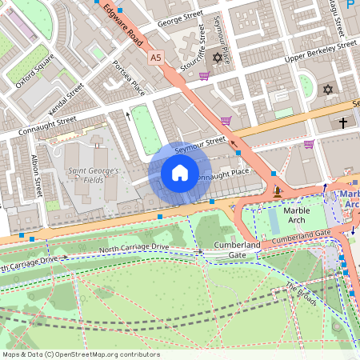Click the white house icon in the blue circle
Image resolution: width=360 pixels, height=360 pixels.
pos(180,173)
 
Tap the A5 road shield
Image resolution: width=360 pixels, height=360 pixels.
pos(154,57)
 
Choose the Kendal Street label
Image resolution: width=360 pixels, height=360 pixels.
pos(65,100)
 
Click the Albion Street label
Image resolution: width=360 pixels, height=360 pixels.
pos(37,177)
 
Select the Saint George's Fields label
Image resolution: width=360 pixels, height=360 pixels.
pos(94,176)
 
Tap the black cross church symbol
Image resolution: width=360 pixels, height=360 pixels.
pos(343,123)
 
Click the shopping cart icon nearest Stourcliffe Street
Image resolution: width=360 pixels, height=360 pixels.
pos(205,76)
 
